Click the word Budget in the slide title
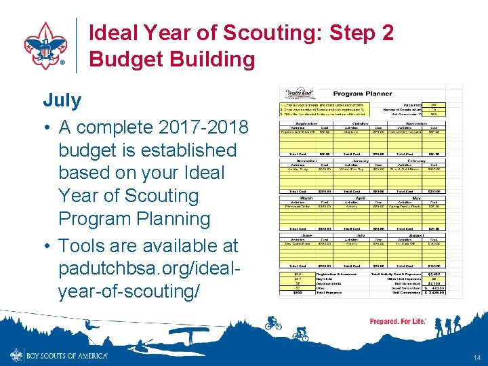coord(125,60)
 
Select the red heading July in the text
coord(62,100)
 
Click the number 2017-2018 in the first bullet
coord(203,127)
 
